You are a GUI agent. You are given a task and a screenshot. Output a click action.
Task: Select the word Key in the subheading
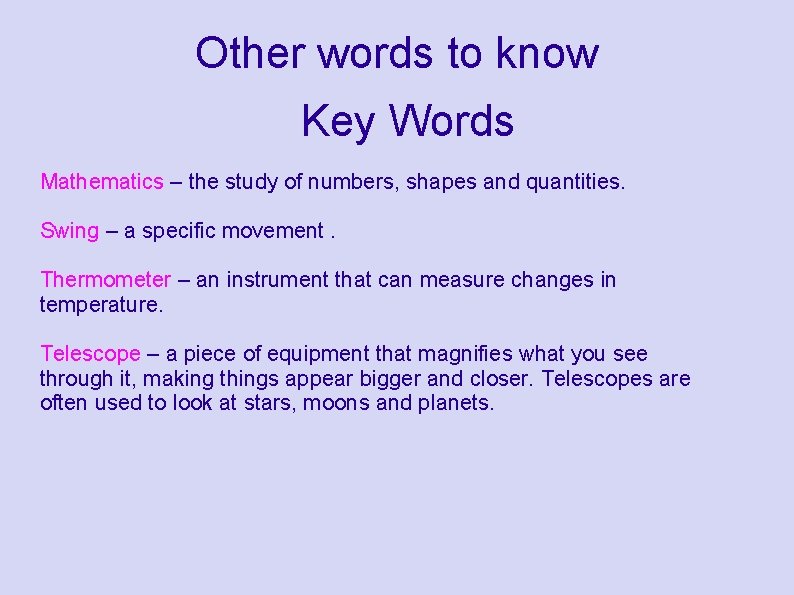[338, 121]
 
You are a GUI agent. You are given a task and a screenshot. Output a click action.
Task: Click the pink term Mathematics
[101, 181]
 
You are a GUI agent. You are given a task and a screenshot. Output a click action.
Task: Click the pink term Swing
[69, 231]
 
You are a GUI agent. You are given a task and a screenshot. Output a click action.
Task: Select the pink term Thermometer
[105, 279]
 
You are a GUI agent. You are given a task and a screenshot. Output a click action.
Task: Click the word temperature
[100, 304]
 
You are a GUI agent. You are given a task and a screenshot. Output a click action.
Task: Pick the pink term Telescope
[90, 353]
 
